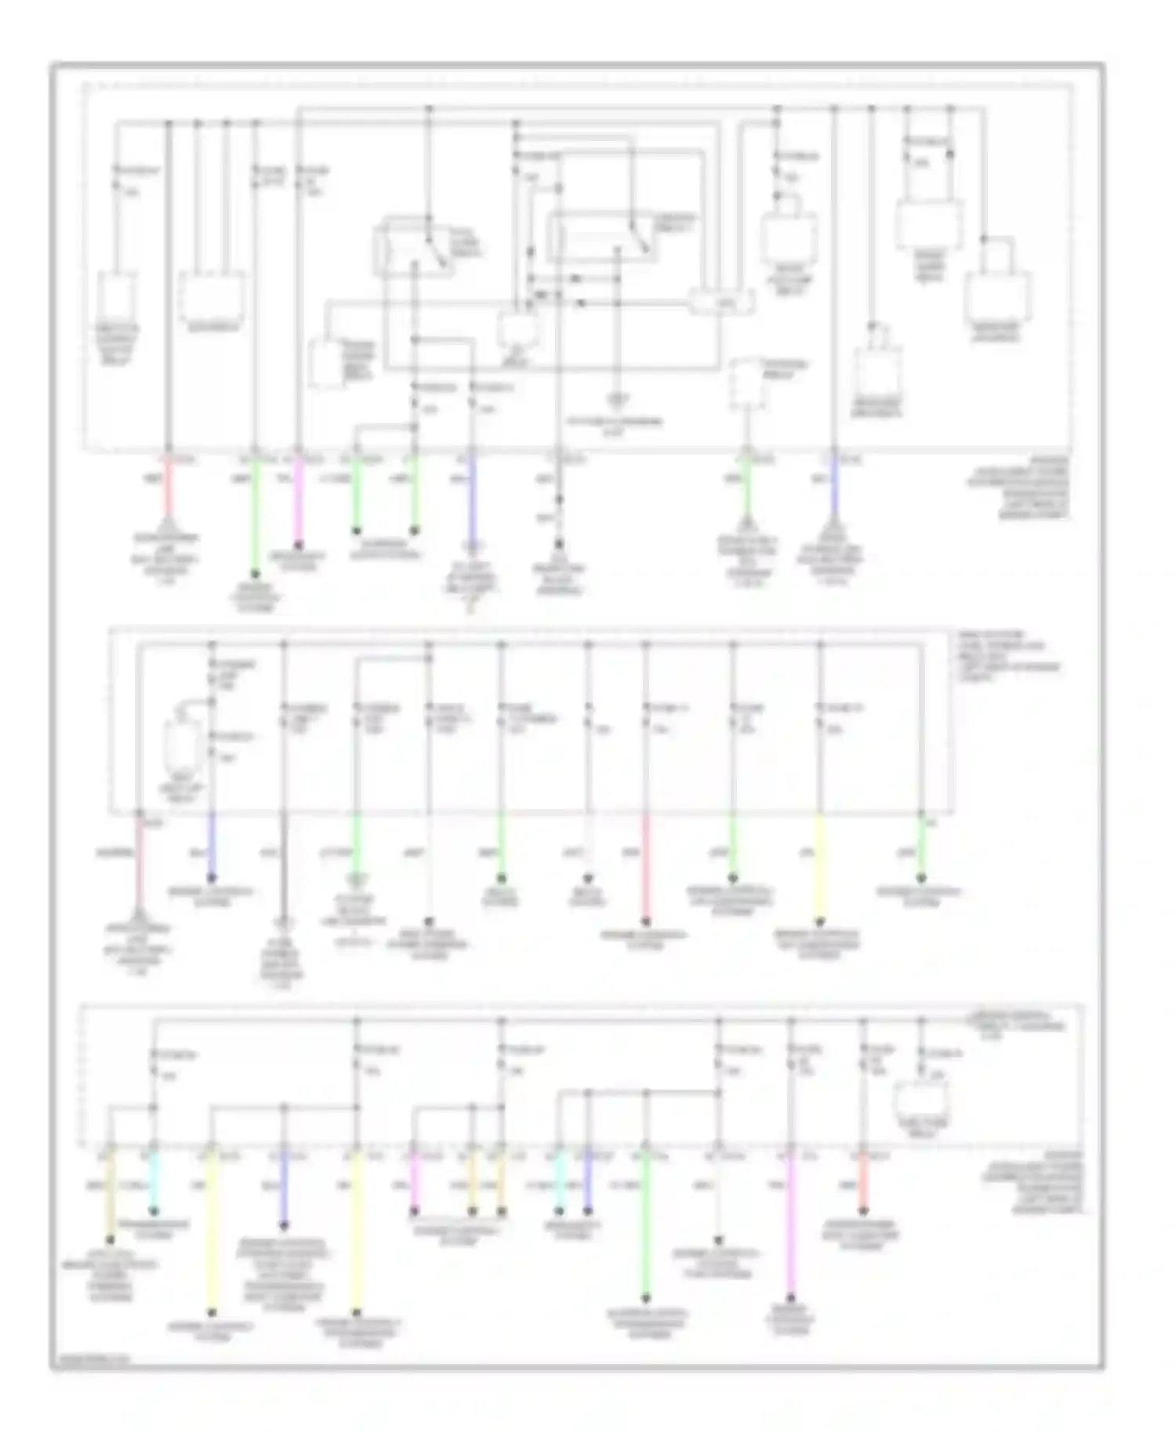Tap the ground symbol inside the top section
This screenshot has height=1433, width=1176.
pos(617,401)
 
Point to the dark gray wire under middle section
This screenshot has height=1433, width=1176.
pos(284,862)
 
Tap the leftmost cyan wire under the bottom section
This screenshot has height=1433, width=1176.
pos(154,1184)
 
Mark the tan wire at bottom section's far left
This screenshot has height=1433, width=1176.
pos(110,1192)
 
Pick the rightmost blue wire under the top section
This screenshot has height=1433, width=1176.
pos(834,490)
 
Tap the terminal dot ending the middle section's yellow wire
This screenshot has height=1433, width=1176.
pos(819,922)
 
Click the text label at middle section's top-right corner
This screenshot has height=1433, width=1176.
pos(1007,654)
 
